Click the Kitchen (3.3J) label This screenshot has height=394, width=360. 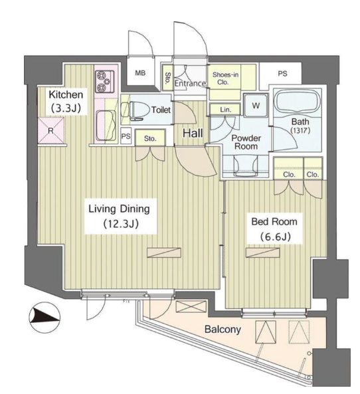pyautogui.click(x=66, y=101)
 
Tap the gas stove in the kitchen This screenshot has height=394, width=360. pyautogui.click(x=104, y=81)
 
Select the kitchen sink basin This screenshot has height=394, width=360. pyautogui.click(x=106, y=126)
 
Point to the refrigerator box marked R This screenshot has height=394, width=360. pyautogui.click(x=50, y=130)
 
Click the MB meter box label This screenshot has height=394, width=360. pyautogui.click(x=140, y=73)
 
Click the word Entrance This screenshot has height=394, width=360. pyautogui.click(x=190, y=83)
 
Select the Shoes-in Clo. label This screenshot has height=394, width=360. pyautogui.click(x=225, y=78)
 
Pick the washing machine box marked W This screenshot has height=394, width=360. pyautogui.click(x=256, y=105)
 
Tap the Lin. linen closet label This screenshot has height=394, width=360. pyautogui.click(x=225, y=110)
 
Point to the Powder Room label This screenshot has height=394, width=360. pyautogui.click(x=246, y=142)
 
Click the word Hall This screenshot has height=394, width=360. pyautogui.click(x=193, y=133)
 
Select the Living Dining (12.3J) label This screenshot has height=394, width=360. pyautogui.click(x=120, y=216)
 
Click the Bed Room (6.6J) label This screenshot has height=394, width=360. pyautogui.click(x=274, y=229)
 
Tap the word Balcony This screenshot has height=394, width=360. pyautogui.click(x=223, y=329)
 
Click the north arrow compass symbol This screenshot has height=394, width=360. pyautogui.click(x=45, y=317)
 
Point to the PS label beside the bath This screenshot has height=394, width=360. pyautogui.click(x=282, y=73)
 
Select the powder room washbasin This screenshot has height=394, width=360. pyautogui.click(x=246, y=165)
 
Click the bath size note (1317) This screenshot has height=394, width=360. pyautogui.click(x=300, y=130)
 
